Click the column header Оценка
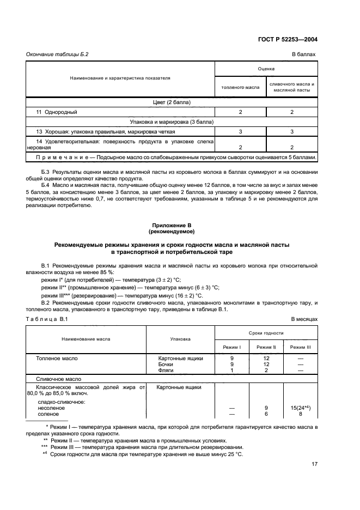pos(266,69)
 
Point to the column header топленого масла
pos(240,87)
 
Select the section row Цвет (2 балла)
pos(172,102)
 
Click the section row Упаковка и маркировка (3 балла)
pos(172,122)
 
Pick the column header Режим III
pos(300,347)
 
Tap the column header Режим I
pos(233,347)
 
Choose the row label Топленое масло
pos(57,358)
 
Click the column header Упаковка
pos(180,338)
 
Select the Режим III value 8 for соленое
pos(300,414)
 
